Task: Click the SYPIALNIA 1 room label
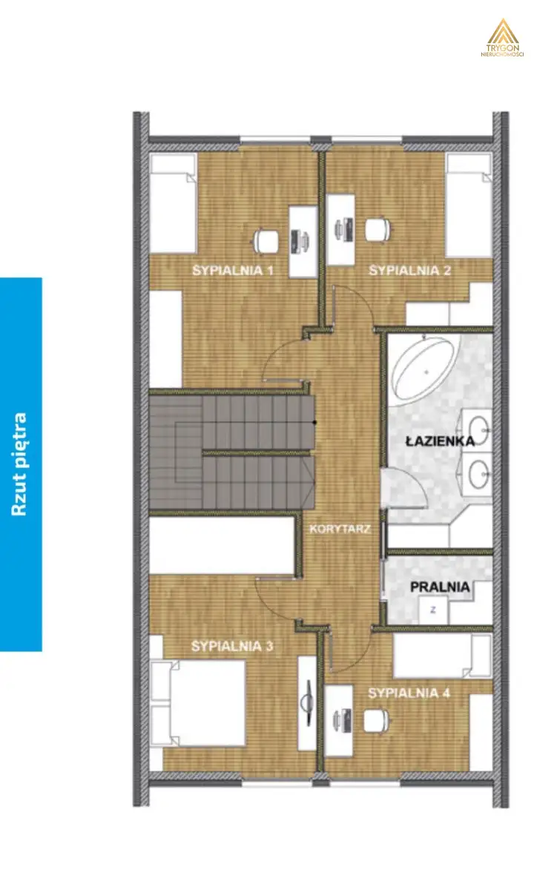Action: click(x=233, y=271)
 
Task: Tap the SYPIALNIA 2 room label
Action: click(x=410, y=271)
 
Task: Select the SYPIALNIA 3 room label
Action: click(x=232, y=647)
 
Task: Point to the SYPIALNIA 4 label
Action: click(x=409, y=693)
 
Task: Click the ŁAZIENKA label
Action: click(x=441, y=441)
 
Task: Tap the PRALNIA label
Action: click(x=440, y=587)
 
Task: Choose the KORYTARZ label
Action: click(x=340, y=530)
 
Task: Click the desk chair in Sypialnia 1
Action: click(x=266, y=240)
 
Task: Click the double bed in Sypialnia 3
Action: click(x=198, y=703)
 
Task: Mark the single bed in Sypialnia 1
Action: click(x=174, y=203)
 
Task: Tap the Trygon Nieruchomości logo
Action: click(x=502, y=38)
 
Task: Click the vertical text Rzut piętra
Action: click(x=19, y=464)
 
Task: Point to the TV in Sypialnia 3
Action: click(x=307, y=704)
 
